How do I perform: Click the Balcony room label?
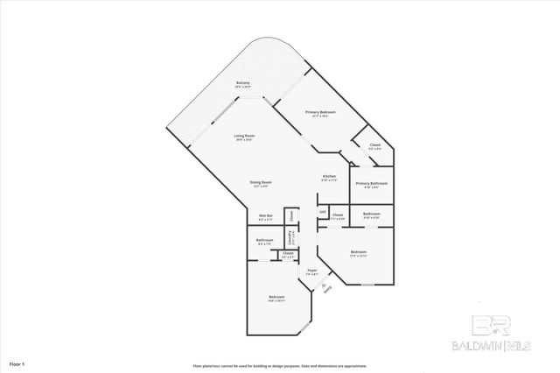(243, 83)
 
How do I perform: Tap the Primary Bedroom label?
(320, 112)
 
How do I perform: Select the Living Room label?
(244, 136)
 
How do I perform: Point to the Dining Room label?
(262, 181)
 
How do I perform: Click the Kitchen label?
(329, 177)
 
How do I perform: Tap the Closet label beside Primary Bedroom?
(374, 144)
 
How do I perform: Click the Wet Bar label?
(266, 215)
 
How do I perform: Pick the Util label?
(322, 212)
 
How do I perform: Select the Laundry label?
(293, 236)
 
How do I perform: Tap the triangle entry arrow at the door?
(324, 284)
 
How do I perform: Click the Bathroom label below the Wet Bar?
(265, 240)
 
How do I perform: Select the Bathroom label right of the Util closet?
(371, 214)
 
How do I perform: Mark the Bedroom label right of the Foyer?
(358, 252)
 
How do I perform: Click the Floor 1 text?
(17, 362)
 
